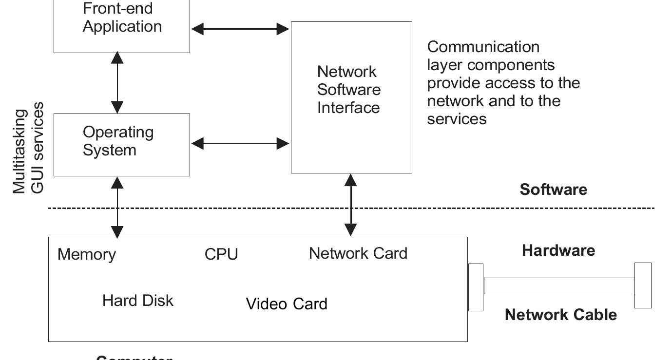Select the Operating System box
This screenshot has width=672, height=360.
(122, 145)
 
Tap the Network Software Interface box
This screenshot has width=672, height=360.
(351, 97)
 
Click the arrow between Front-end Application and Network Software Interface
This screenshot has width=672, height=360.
(240, 29)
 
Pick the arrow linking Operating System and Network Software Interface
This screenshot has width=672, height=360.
(240, 143)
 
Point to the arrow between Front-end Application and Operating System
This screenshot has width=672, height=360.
(117, 83)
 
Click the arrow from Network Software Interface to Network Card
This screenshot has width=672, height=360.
(351, 205)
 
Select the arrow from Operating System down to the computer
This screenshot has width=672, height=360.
(117, 207)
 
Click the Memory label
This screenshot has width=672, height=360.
(87, 254)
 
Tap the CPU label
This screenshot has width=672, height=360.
(221, 254)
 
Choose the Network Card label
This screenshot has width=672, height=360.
(358, 253)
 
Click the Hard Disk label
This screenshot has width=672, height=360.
(138, 301)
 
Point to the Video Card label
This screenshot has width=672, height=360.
(287, 304)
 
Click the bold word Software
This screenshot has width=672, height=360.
(553, 189)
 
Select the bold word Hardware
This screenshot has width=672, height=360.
(558, 250)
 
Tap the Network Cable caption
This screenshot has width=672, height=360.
(560, 315)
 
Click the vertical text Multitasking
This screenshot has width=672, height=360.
(19, 152)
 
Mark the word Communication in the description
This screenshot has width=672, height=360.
(483, 47)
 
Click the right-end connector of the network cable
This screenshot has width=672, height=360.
(643, 285)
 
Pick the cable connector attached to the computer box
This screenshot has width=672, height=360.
(476, 287)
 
